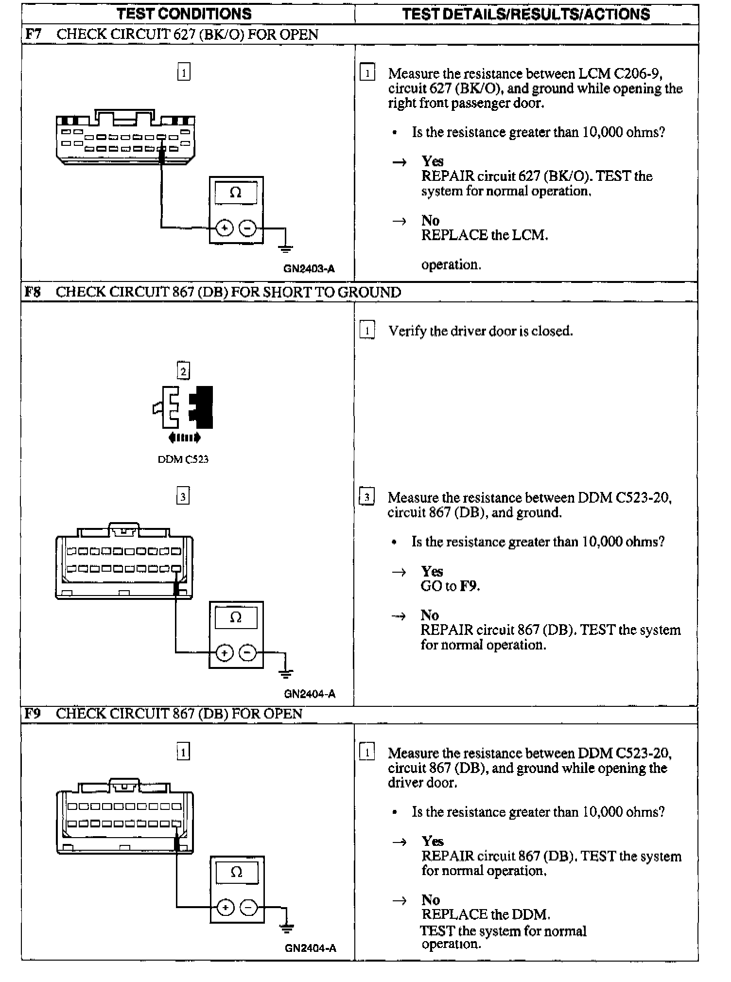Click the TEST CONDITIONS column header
pos(184,14)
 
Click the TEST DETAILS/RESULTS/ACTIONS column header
pos(526,14)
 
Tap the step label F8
pos(33,292)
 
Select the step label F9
pos(33,713)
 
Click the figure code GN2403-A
pos(309,269)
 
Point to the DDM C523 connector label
pos(183,459)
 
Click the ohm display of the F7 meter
pos(236,193)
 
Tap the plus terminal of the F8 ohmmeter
pos(224,652)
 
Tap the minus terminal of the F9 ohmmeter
pos(249,907)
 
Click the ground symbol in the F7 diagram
pos(285,249)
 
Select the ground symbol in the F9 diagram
pos(287,929)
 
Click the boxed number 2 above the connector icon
pos(183,371)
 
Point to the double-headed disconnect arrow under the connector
pos(184,438)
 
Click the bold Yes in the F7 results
pos(433,161)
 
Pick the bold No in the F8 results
pos(430,615)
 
